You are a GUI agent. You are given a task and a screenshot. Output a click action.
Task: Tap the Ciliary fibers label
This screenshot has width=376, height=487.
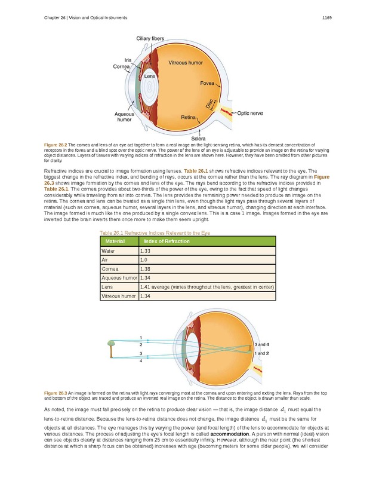(150, 39)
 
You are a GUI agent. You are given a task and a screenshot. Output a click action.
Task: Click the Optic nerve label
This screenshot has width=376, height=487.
(250, 112)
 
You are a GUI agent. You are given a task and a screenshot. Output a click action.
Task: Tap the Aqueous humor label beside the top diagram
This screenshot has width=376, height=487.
(124, 116)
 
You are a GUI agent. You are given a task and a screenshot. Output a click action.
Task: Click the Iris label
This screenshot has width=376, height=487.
(128, 60)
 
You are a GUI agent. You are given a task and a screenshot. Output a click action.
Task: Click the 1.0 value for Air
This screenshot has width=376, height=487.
(143, 261)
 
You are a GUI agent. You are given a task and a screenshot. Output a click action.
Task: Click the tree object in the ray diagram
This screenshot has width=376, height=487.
(110, 348)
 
